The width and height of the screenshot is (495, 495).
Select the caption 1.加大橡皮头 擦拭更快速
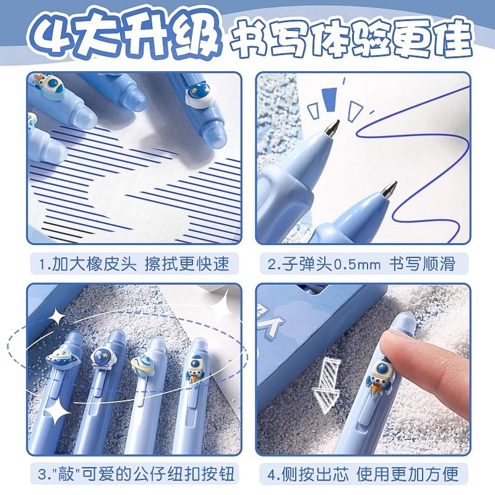pos(134,264)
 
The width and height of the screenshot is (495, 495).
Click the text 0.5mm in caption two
pos(358,264)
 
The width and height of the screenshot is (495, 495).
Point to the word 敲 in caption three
pos(66,473)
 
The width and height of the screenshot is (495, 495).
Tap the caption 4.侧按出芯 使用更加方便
pos(363,473)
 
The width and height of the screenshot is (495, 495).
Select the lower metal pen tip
pos(389,189)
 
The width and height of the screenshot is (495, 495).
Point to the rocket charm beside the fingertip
pos(381,376)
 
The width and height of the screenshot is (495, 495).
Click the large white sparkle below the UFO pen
pos(58,411)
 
